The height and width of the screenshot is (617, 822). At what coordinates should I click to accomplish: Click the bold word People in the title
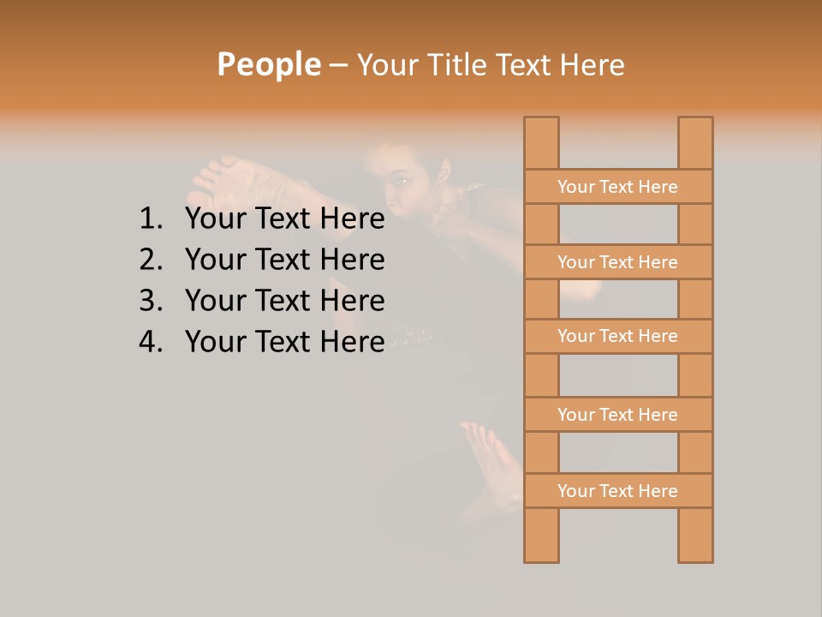pyautogui.click(x=268, y=64)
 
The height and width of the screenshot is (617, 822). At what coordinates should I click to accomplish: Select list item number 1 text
pyautogui.click(x=284, y=219)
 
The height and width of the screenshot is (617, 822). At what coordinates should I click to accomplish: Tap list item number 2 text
pyautogui.click(x=284, y=260)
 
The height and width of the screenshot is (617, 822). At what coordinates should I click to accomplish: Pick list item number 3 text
pyautogui.click(x=284, y=301)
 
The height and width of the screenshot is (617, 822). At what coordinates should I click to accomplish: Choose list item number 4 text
pyautogui.click(x=284, y=342)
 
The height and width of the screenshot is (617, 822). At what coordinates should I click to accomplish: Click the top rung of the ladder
pyautogui.click(x=617, y=187)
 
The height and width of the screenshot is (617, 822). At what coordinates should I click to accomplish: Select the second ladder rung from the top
pyautogui.click(x=617, y=262)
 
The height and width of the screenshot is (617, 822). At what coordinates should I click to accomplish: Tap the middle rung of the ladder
pyautogui.click(x=617, y=336)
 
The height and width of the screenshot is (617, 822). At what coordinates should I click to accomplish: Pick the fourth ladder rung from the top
pyautogui.click(x=617, y=415)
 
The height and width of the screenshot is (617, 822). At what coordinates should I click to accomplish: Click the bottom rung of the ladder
pyautogui.click(x=617, y=491)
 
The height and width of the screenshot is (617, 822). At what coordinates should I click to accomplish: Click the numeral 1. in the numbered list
pyautogui.click(x=150, y=219)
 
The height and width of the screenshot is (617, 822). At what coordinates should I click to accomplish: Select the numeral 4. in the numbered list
pyautogui.click(x=150, y=342)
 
